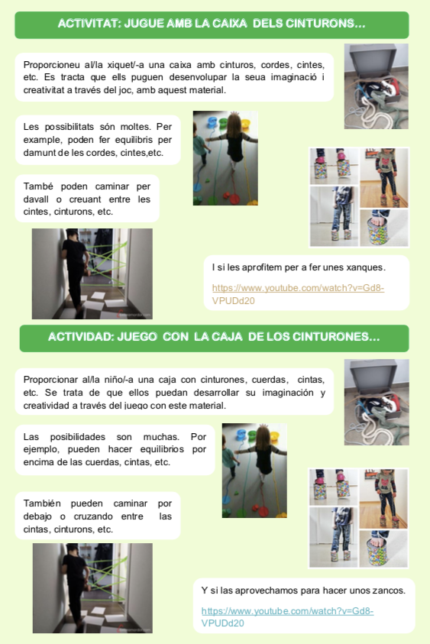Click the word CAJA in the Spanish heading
pos(225,337)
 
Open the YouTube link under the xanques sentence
pos(298,294)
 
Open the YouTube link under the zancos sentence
pos(287,617)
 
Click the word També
pos(38,186)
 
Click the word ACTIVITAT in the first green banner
pos(89,24)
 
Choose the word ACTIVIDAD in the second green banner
pos(80,337)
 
